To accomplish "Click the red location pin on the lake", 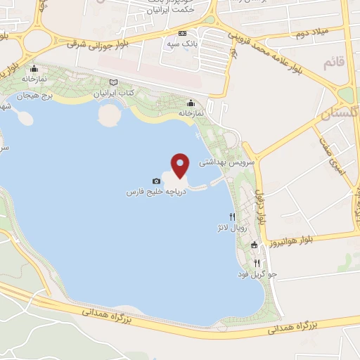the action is pos(181,165).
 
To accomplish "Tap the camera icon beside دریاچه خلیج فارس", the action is pos(156,181).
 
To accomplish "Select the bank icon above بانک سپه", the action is pos(183,33).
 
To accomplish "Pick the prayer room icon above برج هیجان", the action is pos(34,70).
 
